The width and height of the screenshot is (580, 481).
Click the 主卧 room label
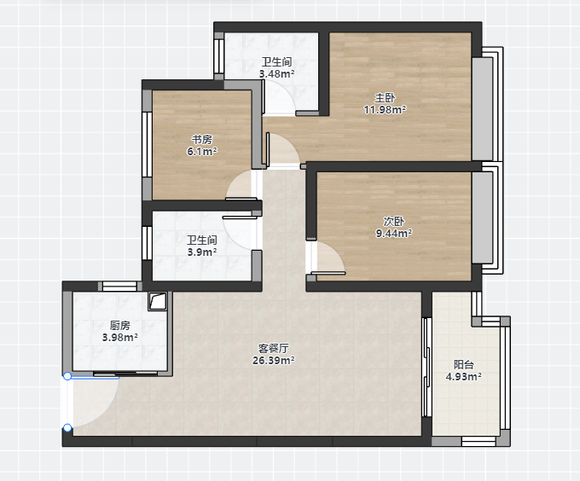click(x=385, y=98)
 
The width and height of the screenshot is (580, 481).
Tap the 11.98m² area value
click(x=385, y=110)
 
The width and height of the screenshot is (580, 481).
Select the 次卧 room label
click(x=394, y=222)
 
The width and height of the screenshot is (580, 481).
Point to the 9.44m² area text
click(x=394, y=234)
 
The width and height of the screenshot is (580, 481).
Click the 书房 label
click(x=202, y=140)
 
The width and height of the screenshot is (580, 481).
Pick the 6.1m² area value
click(x=202, y=152)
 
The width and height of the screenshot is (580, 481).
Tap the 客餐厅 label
click(x=274, y=348)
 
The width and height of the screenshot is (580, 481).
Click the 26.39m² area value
click(x=274, y=360)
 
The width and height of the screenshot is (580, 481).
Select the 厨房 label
click(x=120, y=325)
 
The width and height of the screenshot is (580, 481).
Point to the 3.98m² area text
click(x=120, y=337)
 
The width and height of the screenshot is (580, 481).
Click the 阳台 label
click(x=464, y=365)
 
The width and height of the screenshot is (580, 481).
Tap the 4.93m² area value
click(x=464, y=377)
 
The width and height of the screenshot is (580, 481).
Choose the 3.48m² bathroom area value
click(x=277, y=74)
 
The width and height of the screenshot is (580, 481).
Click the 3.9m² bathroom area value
click(x=202, y=252)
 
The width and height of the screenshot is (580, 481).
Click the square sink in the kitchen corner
click(x=158, y=301)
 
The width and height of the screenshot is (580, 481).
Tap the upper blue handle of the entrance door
click(x=67, y=376)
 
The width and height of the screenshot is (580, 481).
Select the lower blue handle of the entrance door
click(x=67, y=428)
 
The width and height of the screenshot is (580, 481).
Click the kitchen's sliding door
click(x=125, y=374)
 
